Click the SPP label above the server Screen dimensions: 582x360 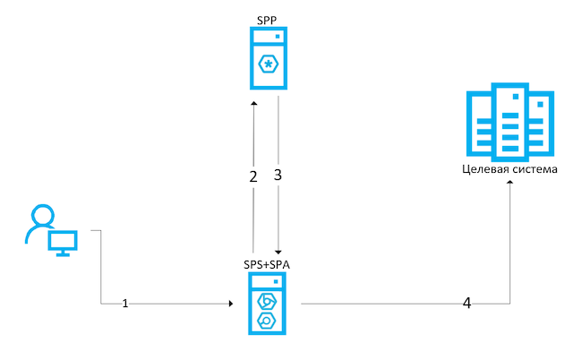267,20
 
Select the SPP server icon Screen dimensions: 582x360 269,58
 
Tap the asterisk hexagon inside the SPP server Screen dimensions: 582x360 269,64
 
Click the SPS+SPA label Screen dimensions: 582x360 267,264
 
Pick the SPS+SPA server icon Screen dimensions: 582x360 267,304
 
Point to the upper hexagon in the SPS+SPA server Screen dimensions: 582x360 267,302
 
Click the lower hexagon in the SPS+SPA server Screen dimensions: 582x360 267,321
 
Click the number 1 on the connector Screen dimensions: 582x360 125,304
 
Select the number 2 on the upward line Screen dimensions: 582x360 253,176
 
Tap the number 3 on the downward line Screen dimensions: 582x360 278,175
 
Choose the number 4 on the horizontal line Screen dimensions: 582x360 466,303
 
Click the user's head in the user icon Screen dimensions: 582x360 43,215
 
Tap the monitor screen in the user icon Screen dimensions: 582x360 63,241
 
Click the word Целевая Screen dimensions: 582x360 485,169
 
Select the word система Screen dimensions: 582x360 535,169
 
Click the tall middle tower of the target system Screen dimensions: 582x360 510,122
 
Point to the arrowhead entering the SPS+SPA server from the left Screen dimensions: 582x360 231,304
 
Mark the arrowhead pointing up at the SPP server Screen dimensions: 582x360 254,103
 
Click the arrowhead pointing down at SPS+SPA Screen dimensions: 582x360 278,253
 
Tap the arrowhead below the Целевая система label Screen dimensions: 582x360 510,182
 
